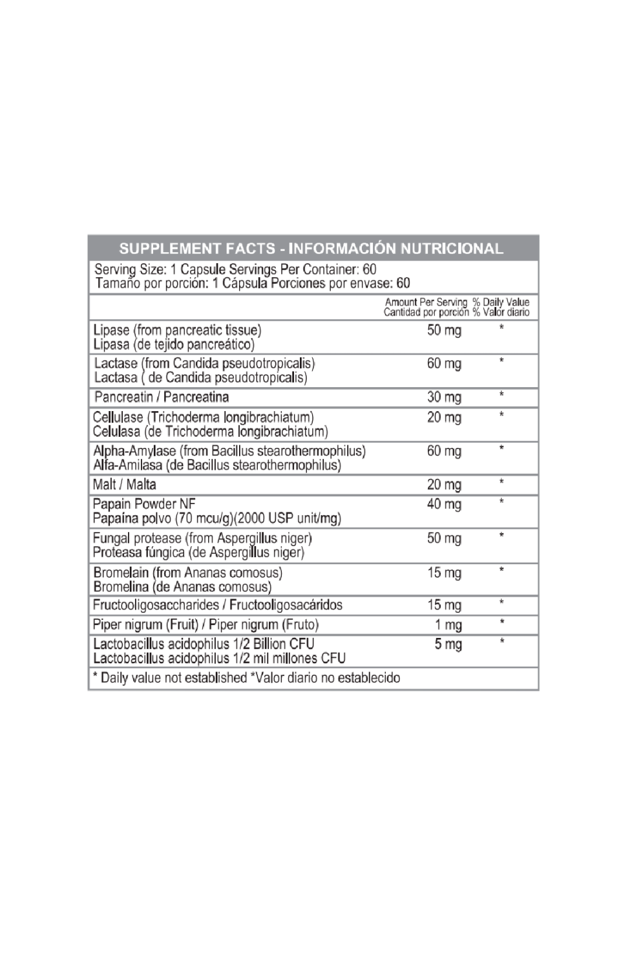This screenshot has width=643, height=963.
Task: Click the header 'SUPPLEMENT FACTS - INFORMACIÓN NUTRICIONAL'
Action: click(311, 249)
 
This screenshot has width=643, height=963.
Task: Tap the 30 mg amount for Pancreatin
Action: click(444, 397)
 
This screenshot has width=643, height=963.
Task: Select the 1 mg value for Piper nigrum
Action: click(448, 625)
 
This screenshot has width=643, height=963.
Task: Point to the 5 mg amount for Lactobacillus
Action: click(448, 644)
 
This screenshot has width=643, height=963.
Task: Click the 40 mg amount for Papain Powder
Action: click(444, 504)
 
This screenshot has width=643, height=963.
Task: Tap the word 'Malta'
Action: click(142, 485)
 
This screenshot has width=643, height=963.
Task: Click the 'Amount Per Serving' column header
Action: click(426, 302)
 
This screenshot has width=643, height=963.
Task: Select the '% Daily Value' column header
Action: click(501, 302)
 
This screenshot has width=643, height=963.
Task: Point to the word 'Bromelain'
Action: click(121, 573)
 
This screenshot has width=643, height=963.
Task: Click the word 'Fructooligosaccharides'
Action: click(156, 605)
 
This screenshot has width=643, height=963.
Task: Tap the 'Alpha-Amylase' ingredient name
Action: click(134, 451)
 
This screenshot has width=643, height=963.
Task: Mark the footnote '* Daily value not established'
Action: click(169, 678)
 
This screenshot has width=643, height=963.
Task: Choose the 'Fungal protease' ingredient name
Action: click(137, 538)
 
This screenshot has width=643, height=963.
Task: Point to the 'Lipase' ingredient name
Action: click(111, 330)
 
